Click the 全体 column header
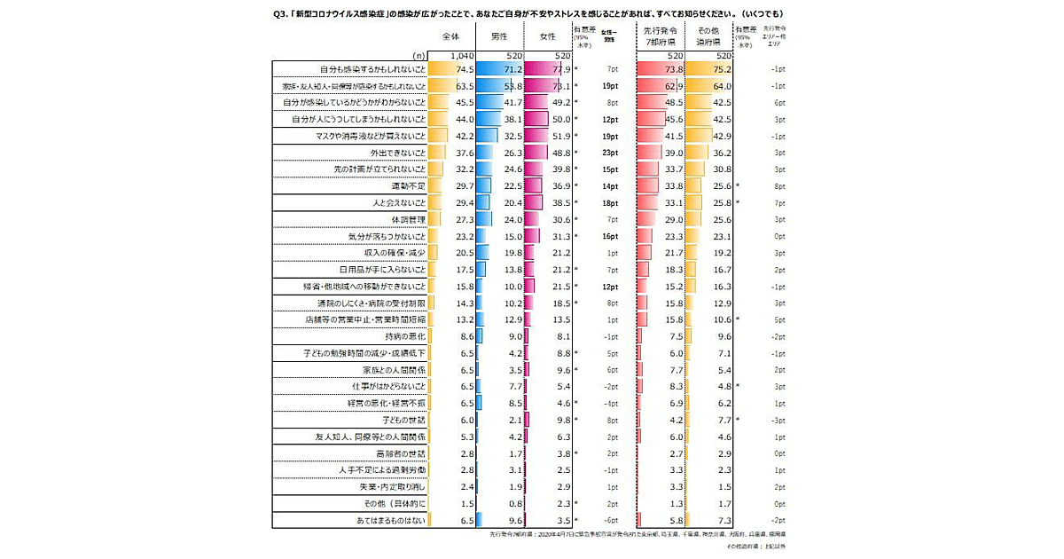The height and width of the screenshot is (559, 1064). click(x=452, y=37)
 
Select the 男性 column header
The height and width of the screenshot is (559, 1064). click(x=498, y=37)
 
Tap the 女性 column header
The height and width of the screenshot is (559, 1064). click(x=548, y=37)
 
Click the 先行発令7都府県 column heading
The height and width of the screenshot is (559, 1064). click(x=660, y=37)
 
